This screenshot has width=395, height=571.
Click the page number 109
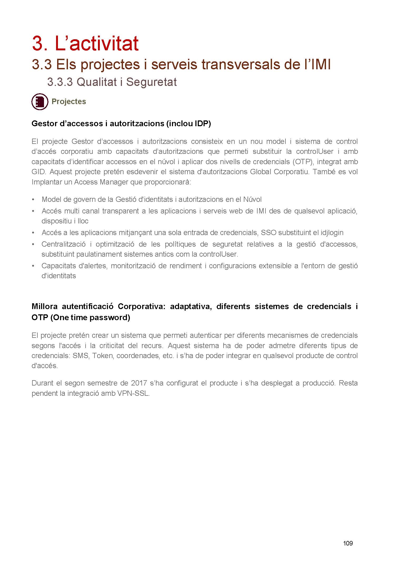pyautogui.click(x=348, y=543)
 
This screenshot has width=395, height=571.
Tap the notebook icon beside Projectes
pyautogui.click(x=40, y=101)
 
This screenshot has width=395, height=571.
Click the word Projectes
pyautogui.click(x=69, y=101)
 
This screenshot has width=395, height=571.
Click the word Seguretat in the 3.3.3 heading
pyautogui.click(x=151, y=82)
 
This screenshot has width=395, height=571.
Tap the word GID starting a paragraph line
pyautogui.click(x=39, y=172)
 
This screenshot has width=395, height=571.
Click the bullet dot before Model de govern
pyautogui.click(x=33, y=199)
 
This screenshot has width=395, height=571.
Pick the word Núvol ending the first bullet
pyautogui.click(x=252, y=199)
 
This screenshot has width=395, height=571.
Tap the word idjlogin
pyautogui.click(x=332, y=233)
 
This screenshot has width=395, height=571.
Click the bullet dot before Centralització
pyautogui.click(x=33, y=244)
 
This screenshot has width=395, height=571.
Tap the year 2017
pyautogui.click(x=139, y=383)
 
